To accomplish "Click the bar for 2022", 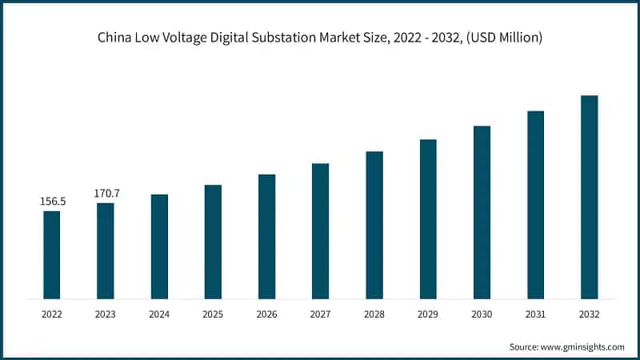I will (x=52, y=254).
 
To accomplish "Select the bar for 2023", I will (x=106, y=250).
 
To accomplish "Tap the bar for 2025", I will (x=213, y=242).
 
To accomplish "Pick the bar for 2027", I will (x=320, y=231).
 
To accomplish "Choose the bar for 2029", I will (x=428, y=219).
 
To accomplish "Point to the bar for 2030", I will (x=482, y=212).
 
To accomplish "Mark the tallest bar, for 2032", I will (x=589, y=197).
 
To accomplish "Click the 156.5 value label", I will (x=53, y=202).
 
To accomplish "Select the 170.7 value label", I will (x=106, y=193).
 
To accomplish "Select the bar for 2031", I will (x=535, y=205).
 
